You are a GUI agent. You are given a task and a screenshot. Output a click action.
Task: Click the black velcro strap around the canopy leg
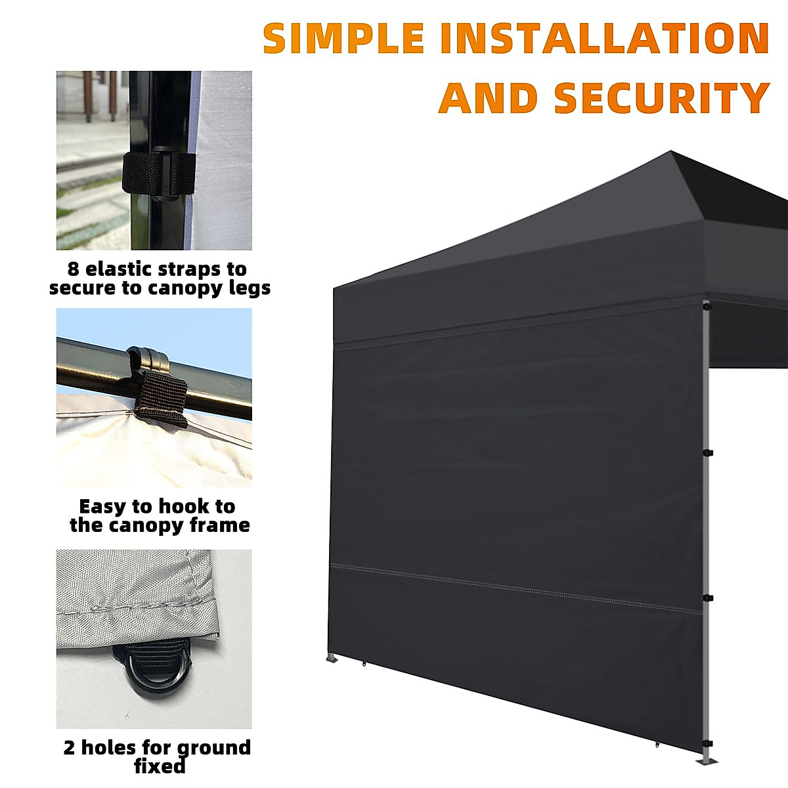coord(158,174)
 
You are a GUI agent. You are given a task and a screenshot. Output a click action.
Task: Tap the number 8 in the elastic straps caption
coord(74,269)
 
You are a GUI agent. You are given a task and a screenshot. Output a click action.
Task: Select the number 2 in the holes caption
coord(70,748)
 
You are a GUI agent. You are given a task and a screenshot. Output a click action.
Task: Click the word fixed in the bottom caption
coord(160,766)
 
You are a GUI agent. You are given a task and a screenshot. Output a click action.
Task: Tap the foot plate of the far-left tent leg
coord(332,659)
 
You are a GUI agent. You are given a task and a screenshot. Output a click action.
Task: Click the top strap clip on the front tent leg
coord(707,307)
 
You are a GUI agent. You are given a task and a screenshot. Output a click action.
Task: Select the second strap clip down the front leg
coord(708,452)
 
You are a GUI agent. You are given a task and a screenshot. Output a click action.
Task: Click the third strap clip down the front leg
coord(708,598)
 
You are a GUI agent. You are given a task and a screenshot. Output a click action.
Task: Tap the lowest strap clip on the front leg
coord(708,743)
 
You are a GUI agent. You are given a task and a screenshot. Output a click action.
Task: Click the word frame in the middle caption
coord(219,525)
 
